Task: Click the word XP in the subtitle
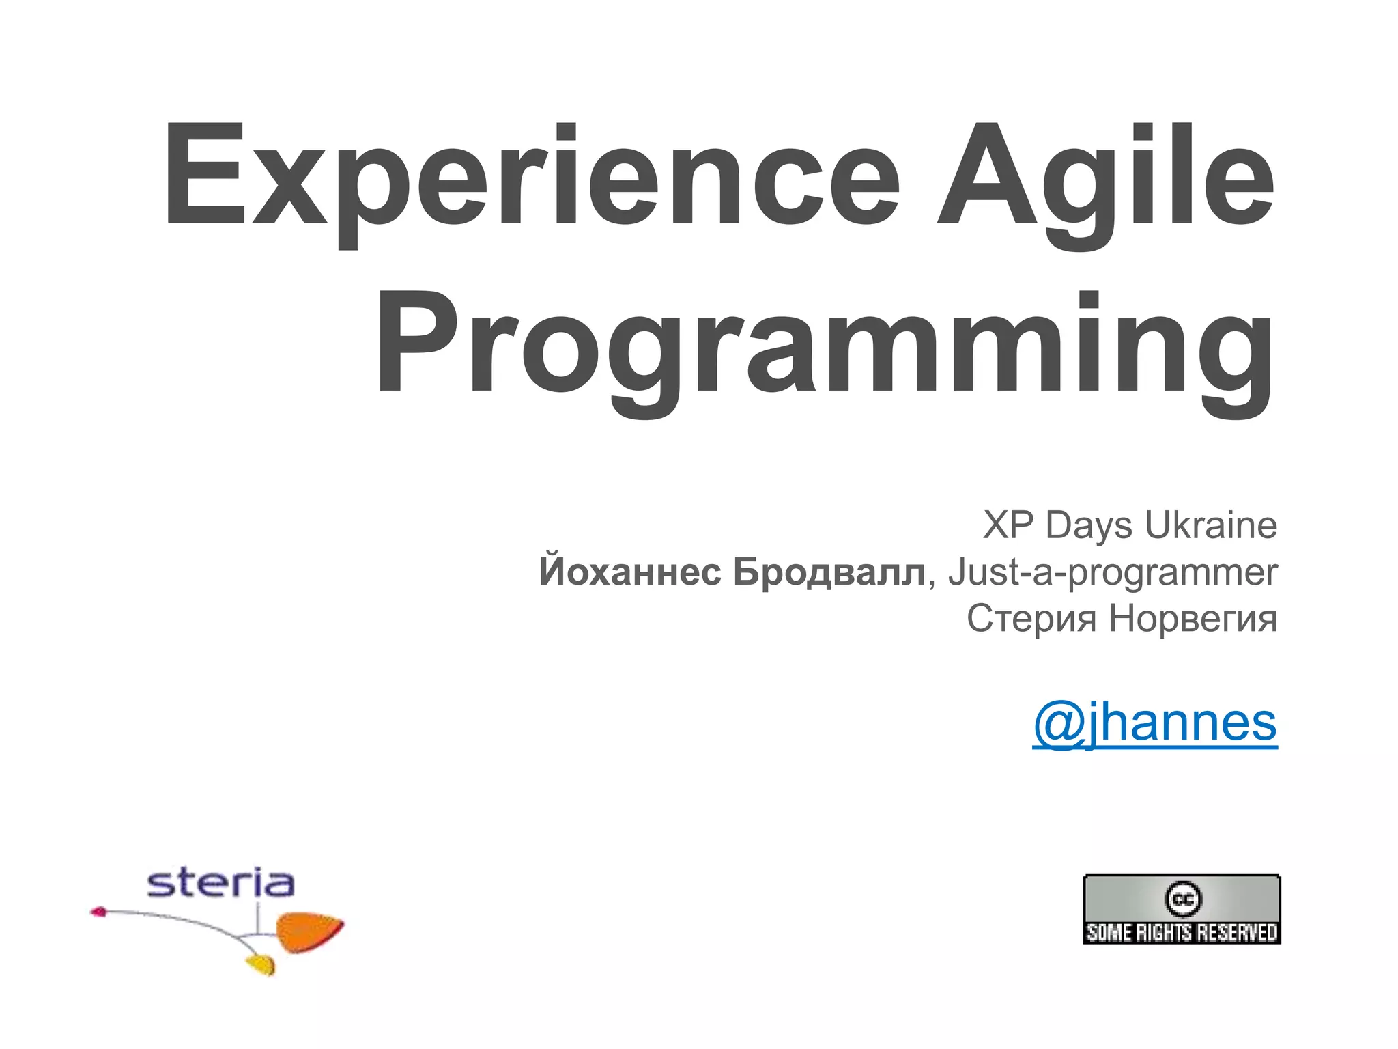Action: point(1008,525)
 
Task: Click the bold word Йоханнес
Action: point(629,572)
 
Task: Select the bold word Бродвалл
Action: point(829,572)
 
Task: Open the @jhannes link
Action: point(1154,722)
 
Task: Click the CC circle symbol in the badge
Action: point(1182,899)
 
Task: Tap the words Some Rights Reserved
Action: point(1182,932)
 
